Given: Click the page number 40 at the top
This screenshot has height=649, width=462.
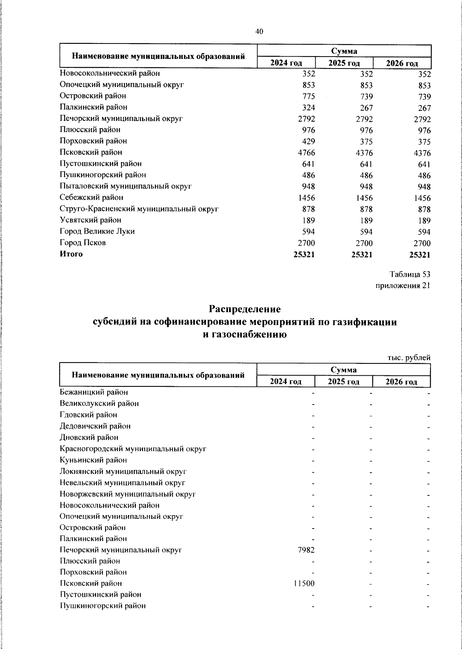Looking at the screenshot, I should pos(259,32).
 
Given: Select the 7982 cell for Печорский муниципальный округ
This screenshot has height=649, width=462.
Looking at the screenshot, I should pos(306,550).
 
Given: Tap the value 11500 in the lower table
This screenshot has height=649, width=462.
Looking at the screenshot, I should pos(304,584).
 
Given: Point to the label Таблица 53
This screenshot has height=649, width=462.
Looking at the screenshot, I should pos(410,274).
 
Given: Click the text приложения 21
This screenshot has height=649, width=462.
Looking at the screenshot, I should pos(403,286).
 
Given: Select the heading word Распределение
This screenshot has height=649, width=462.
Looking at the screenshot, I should pos(245,309).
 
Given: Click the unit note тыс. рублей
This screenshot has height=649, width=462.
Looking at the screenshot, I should pos(408,358).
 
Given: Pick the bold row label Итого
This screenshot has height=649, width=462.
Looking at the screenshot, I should pos(71,254).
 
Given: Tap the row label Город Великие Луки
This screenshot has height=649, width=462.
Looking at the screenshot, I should pos(97,231).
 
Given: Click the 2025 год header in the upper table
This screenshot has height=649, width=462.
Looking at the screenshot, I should pos(344,63).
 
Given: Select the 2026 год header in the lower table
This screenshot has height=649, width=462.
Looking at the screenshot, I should pos(402,382).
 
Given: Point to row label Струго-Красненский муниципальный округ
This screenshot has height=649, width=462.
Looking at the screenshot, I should pos(139,209).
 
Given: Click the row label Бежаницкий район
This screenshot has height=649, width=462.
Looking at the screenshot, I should pos(94,392).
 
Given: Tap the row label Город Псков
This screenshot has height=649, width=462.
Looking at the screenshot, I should pos(83,243).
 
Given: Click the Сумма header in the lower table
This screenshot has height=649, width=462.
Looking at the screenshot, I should pos(343,370).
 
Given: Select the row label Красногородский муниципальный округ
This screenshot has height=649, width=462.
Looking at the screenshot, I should pos(133,449).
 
